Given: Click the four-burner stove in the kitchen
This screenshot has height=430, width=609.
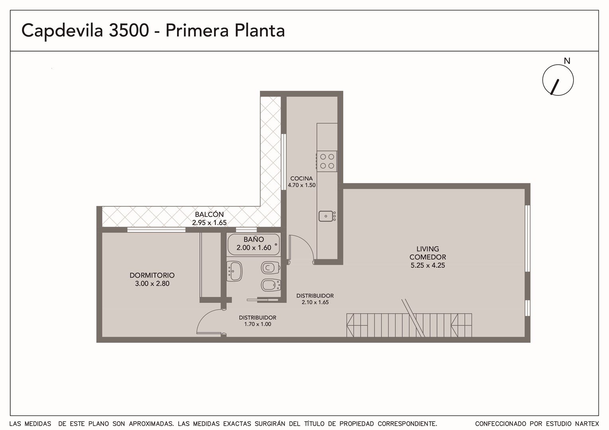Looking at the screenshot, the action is coord(327,161).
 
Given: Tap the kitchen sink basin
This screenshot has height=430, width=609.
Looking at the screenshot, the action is coord(326,216).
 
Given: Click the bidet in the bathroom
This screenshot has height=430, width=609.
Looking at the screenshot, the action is coord(271,285).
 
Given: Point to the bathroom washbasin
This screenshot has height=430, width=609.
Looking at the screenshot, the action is coord(234,271).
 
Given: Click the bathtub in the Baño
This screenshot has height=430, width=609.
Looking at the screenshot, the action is coord(253,244).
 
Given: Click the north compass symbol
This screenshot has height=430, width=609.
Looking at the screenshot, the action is coord(558,80).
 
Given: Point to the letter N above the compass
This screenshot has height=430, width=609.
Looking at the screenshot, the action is coord(567,61).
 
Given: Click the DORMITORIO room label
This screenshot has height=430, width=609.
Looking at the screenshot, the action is coord(152,275).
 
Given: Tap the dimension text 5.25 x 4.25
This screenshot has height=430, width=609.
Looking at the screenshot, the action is coord(428,266).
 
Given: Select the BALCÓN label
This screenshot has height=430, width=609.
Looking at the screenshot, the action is coord(209,214).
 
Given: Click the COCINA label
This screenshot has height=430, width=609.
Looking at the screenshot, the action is coord(301,178).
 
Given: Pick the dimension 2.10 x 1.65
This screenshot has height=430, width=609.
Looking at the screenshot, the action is coord(315,302).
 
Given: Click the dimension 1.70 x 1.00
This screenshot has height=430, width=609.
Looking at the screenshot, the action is coord(257,324).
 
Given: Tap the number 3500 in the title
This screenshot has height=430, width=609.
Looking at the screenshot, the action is coord(129,30).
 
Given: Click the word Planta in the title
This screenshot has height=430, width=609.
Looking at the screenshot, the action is coord(259,30).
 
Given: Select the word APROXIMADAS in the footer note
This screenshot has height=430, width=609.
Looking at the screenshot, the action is coord(151,424).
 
